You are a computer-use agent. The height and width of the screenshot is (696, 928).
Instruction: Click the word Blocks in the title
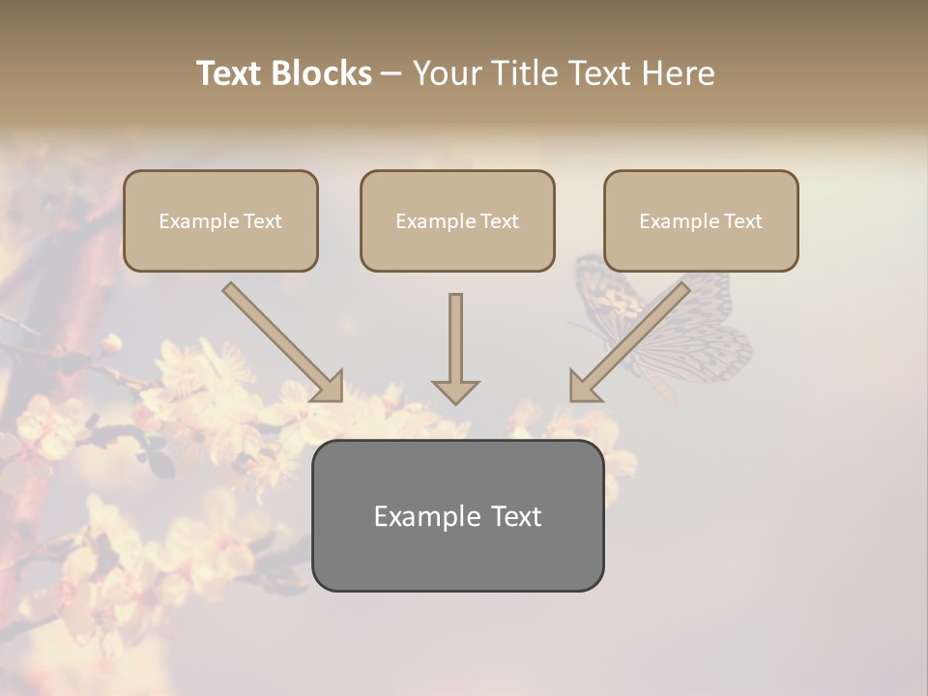[x=322, y=73]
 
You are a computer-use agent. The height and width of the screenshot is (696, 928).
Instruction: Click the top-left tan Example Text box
[x=220, y=221]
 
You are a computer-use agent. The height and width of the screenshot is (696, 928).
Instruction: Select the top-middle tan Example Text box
[x=457, y=221]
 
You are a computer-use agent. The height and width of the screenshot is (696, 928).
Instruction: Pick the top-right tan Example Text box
[x=701, y=221]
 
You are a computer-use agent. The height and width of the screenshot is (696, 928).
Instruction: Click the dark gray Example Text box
[x=457, y=516]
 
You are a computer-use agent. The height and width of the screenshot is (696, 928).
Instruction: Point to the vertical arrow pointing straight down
[x=455, y=343]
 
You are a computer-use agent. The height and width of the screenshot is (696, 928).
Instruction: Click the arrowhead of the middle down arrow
[x=455, y=391]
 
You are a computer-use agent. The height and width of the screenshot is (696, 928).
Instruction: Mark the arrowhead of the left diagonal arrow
[x=330, y=387]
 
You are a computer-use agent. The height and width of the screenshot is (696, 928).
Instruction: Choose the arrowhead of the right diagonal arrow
[x=583, y=387]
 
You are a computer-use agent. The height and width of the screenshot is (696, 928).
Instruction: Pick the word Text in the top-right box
[x=742, y=221]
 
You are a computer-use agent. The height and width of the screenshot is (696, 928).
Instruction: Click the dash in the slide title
[x=391, y=73]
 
